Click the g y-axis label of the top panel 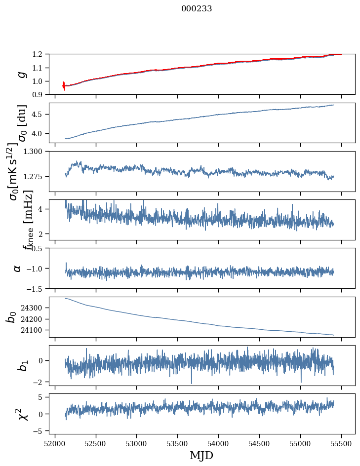coord(21,74)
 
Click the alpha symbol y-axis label coord(18,268)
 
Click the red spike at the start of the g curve coord(64,86)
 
